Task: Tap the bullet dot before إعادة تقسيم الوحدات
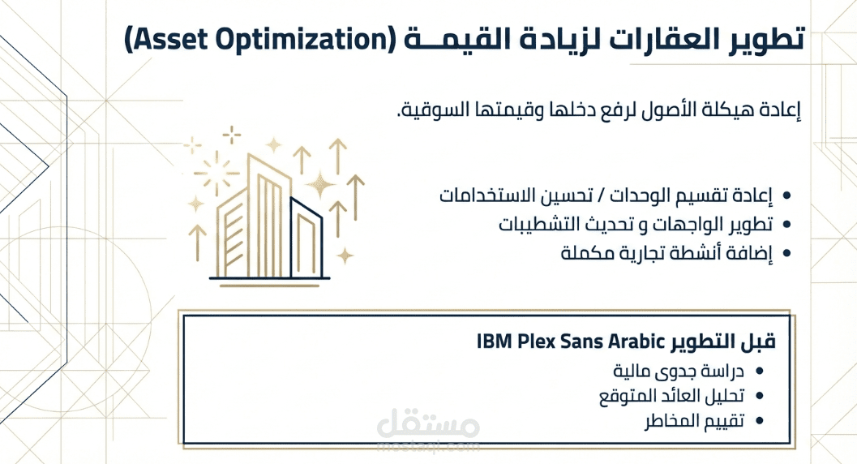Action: coord(787,195)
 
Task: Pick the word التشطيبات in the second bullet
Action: coord(542,224)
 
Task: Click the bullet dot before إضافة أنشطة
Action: coord(787,253)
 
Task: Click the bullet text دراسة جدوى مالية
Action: coord(679,372)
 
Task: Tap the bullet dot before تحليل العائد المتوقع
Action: coord(759,396)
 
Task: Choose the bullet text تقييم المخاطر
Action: coord(694,421)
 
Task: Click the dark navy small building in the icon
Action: coord(306,238)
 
